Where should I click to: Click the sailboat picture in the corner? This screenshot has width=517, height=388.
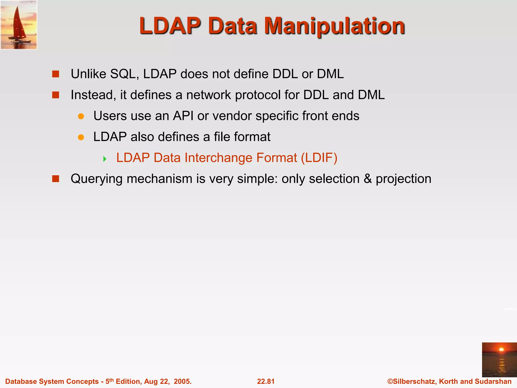pos(19,25)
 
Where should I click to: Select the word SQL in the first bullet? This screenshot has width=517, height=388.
pos(124,74)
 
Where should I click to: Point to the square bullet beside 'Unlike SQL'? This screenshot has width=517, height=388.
pos(56,74)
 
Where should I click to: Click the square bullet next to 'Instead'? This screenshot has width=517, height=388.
pos(56,95)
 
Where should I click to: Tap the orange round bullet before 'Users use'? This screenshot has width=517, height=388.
pos(81,116)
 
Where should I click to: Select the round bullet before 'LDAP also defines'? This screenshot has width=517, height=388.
pos(81,137)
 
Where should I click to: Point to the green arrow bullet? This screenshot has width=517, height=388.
pos(105,159)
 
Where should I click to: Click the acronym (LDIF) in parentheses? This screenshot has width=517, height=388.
pos(319,158)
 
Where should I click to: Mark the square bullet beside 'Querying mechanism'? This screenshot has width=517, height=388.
pos(56,179)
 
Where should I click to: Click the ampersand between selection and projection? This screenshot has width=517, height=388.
pos(368,179)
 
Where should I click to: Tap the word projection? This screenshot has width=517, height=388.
pos(403,179)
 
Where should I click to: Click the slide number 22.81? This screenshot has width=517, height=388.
pos(266,381)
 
